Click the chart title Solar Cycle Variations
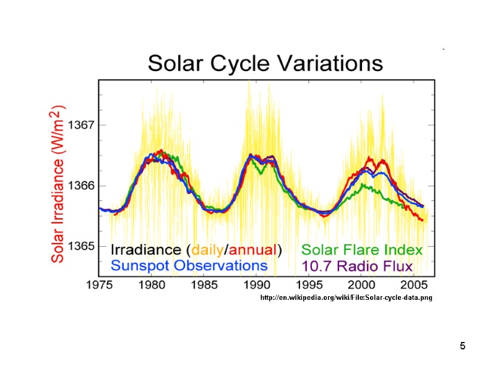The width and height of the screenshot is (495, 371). coord(265,64)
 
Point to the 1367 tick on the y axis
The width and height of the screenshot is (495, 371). coord(80,124)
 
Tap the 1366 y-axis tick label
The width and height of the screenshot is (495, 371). coord(80,185)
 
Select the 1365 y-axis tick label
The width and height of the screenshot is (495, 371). coord(80,246)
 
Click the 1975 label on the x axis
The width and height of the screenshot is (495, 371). coord(100,286)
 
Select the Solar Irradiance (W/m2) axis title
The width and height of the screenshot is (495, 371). coord(59,184)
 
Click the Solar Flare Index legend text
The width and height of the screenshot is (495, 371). coord(362,250)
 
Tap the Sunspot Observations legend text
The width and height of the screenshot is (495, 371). coord(189,265)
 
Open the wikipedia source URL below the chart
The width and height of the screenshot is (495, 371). coord(346,298)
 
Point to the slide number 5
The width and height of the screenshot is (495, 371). coord(462,345)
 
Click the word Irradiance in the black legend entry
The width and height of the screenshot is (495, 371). coord(146,250)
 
